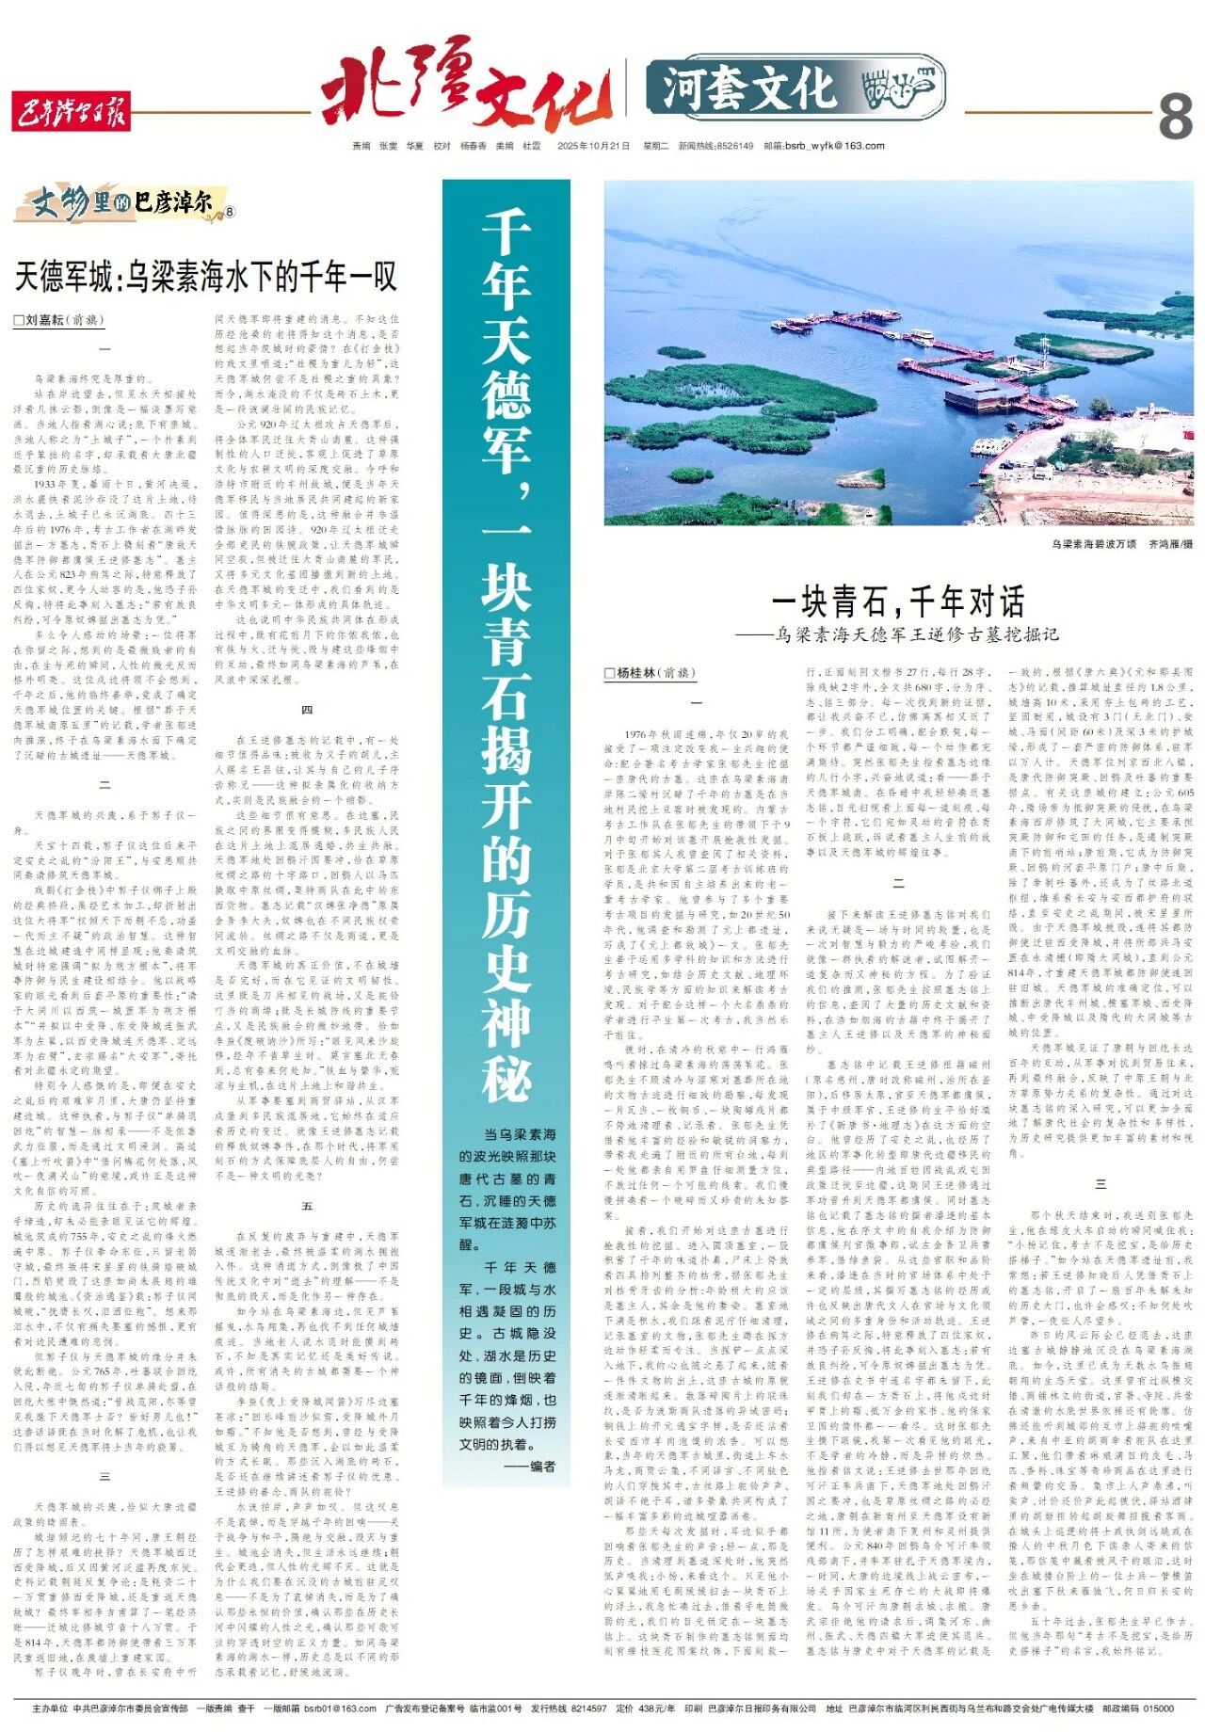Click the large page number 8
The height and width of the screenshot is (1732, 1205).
point(1174,117)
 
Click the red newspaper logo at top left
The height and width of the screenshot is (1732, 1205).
point(71,113)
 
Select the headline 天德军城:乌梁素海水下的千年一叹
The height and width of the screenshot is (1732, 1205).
point(206,277)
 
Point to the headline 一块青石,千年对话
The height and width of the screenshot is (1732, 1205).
point(898,601)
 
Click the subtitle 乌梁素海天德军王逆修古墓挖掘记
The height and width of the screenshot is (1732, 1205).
point(918,634)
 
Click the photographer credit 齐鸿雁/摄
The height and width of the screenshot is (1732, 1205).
point(1170,544)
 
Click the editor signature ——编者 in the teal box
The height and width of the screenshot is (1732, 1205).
point(530,1467)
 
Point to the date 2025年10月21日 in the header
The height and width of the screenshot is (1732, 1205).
point(593,146)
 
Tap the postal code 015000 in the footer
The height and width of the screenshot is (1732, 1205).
point(1159,1708)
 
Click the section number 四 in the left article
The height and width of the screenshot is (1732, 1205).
point(307,709)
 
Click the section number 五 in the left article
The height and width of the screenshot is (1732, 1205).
point(307,1206)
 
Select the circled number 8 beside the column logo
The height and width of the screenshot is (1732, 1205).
point(230,212)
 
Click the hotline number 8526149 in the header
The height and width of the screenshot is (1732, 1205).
point(734,146)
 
